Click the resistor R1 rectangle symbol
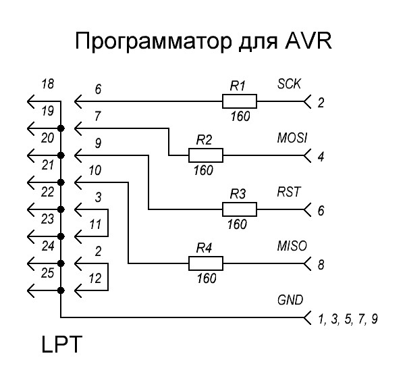coord(240,102)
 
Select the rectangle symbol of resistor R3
coord(240,209)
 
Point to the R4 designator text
coord(205,248)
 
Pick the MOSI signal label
coord(292,138)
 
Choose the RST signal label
coord(288,192)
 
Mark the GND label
coord(290,299)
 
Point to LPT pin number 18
coord(47,84)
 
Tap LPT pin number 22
coord(47,192)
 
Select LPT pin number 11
coord(96,223)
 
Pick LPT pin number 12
coord(96,277)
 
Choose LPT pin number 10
coord(95,171)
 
